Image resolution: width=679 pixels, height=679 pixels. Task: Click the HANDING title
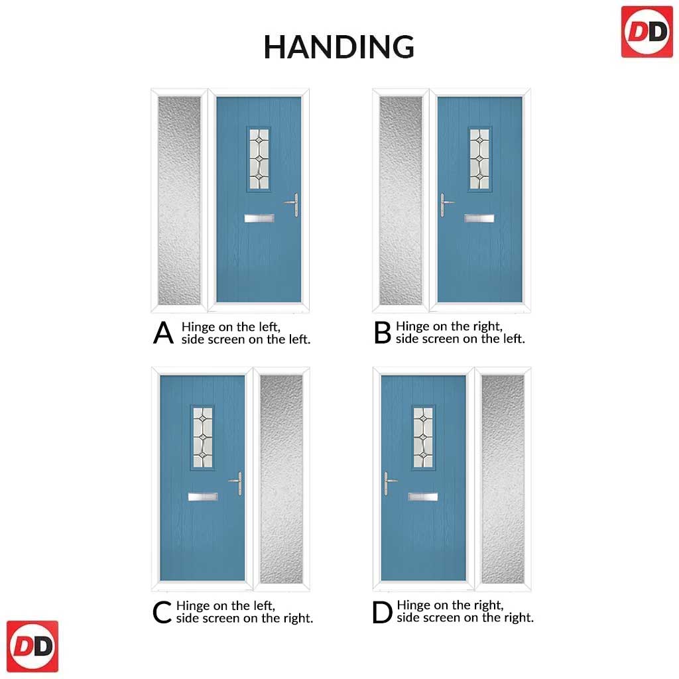tap(339, 47)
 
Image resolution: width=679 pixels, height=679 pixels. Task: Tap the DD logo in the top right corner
tap(647, 32)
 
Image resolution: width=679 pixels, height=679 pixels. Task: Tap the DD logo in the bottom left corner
tap(32, 646)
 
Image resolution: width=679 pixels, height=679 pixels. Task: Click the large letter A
tap(163, 333)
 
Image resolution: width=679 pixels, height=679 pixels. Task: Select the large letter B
tap(383, 333)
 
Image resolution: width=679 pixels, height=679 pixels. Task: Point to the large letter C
tap(162, 612)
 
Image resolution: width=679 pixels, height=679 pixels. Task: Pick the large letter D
tap(382, 612)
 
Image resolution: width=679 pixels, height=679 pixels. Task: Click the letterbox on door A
tap(259, 218)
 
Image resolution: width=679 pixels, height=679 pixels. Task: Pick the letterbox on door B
tap(479, 218)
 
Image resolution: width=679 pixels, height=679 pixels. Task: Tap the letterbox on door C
tap(203, 497)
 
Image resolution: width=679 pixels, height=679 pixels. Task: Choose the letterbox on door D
tap(422, 497)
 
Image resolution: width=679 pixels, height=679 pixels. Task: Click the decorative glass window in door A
tap(259, 159)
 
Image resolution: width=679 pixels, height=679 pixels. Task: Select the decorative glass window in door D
tap(422, 438)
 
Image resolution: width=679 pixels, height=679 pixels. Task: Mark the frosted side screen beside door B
tap(401, 200)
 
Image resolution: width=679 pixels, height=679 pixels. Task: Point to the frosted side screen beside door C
tap(281, 479)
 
